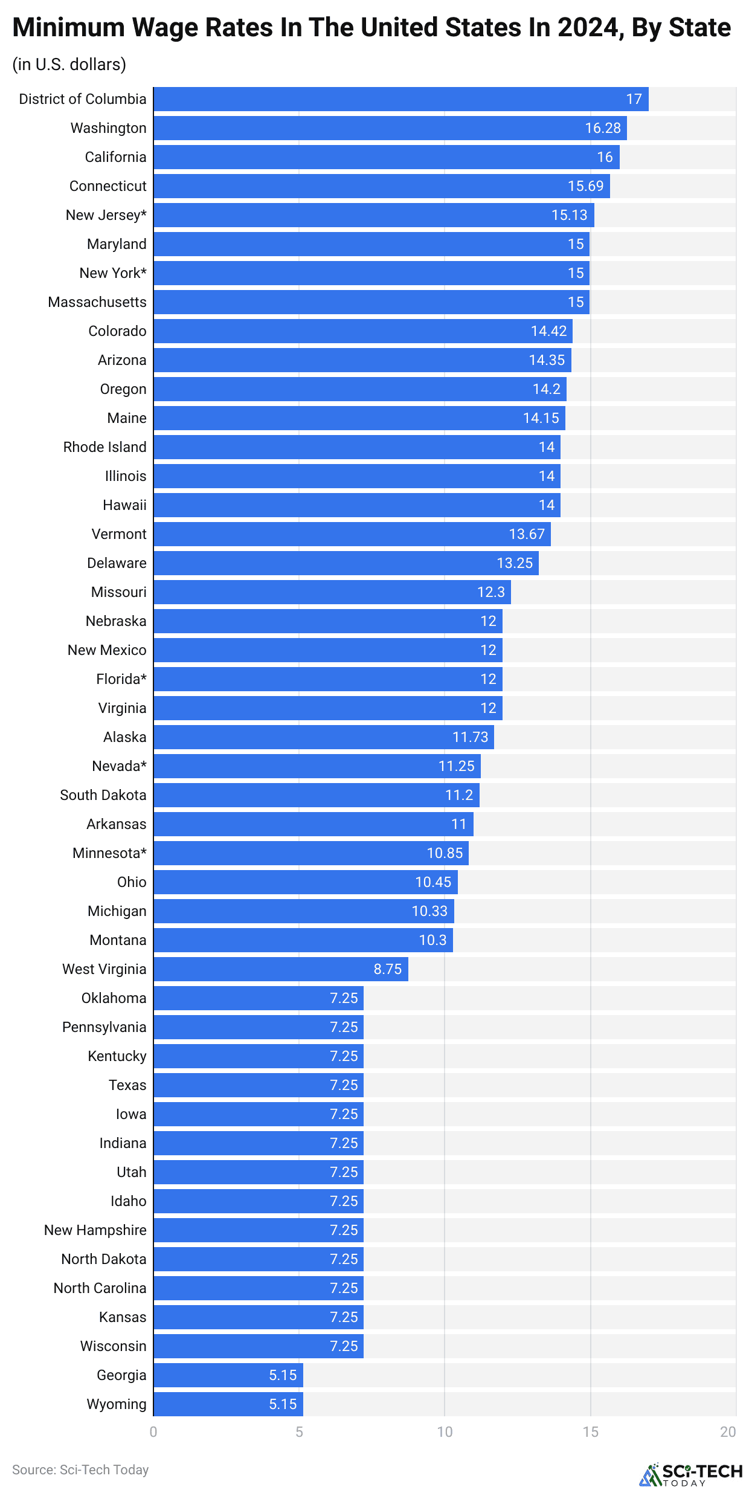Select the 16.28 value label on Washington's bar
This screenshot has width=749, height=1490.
(602, 128)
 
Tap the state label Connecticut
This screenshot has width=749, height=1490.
(108, 186)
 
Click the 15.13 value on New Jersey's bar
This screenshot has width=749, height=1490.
(569, 215)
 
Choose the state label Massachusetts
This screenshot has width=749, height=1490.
(97, 302)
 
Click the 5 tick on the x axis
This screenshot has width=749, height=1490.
(299, 1432)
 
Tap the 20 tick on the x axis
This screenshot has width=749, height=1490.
(728, 1432)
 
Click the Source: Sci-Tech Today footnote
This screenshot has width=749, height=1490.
(80, 1469)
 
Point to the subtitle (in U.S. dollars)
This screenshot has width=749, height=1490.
(69, 64)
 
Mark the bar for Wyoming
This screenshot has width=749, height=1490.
(228, 1404)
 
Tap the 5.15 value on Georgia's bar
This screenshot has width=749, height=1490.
(282, 1375)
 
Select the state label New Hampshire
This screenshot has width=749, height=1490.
(95, 1230)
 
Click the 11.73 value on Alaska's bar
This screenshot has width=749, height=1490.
(470, 737)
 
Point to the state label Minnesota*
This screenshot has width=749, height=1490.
(109, 853)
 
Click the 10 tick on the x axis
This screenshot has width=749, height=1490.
(445, 1432)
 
